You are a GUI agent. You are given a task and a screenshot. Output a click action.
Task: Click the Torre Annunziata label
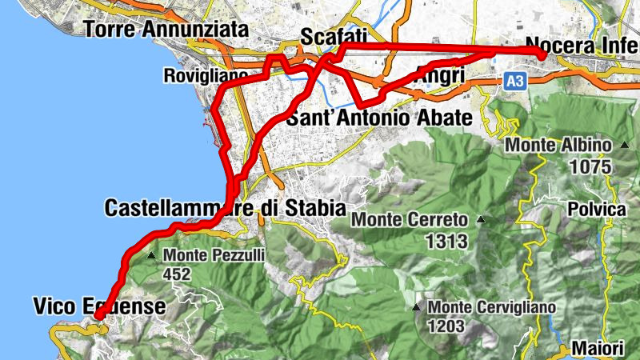166,30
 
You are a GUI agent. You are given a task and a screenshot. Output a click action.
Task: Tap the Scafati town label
333,36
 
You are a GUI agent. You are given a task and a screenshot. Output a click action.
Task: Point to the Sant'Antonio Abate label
380,118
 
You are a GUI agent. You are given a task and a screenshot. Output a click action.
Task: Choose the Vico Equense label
99,306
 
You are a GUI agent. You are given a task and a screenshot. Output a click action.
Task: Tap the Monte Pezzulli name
214,256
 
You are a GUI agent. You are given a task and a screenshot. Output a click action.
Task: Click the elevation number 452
178,274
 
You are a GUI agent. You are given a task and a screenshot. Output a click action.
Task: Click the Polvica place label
594,209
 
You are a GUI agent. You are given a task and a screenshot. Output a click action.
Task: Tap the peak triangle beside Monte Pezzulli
152,256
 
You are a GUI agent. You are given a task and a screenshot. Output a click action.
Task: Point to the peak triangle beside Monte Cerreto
480,219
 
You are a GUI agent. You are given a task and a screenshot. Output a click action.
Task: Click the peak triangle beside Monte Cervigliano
416,307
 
